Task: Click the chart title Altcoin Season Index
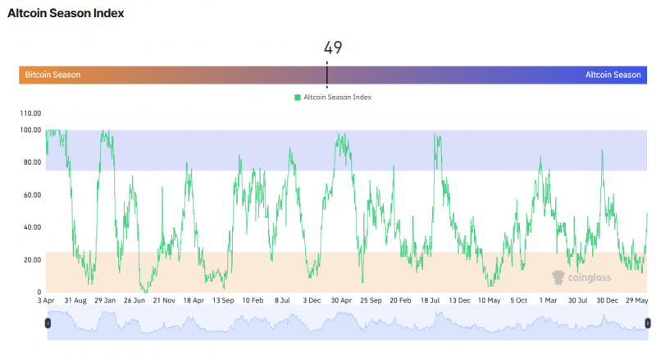coord(66,13)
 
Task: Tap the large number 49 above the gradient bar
coord(333,48)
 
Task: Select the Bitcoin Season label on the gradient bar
coord(52,75)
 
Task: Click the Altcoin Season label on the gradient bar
coord(613,75)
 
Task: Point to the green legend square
coord(298,98)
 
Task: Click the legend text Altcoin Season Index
coord(337,97)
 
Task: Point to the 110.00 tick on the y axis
coord(30,113)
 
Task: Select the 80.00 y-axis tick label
coord(32,162)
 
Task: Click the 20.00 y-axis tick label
coord(32,260)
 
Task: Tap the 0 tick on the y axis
coord(39,292)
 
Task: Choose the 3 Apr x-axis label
coord(46,301)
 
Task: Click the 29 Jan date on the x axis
coord(105,301)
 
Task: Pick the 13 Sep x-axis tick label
coord(223,301)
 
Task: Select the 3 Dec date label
coord(312,301)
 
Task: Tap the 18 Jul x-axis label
coord(430,301)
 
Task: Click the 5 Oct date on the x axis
coord(519,301)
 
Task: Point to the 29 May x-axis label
coord(637,301)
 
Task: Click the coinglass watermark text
coord(590,277)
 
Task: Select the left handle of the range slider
coord(48,323)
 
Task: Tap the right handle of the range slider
coord(648,323)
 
